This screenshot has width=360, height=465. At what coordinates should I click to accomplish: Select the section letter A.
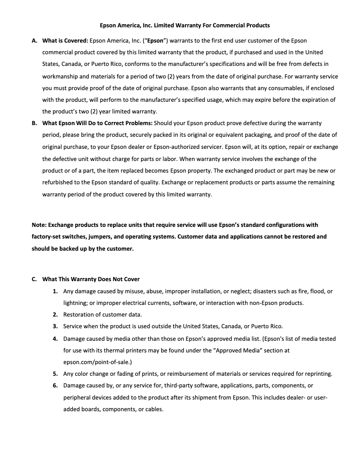click(x=34, y=41)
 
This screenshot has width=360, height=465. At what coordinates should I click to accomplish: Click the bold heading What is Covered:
click(x=65, y=41)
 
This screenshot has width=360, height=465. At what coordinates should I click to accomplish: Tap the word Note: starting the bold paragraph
click(x=39, y=225)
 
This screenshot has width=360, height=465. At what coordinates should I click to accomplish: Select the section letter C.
click(x=34, y=279)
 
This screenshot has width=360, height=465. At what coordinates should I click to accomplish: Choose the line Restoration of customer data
click(x=102, y=315)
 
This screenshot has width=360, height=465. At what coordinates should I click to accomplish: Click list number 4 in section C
click(x=55, y=339)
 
